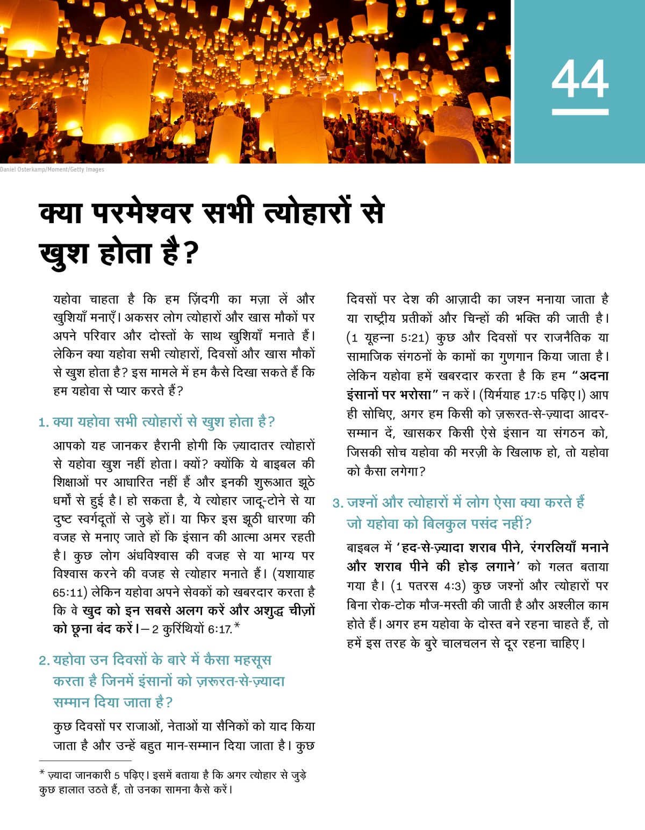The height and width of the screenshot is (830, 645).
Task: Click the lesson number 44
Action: [x=580, y=79]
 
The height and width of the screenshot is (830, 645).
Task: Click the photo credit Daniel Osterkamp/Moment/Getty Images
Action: [x=52, y=169]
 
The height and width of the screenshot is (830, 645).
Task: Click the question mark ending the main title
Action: [x=190, y=253]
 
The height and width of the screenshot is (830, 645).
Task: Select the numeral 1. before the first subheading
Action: [x=44, y=423]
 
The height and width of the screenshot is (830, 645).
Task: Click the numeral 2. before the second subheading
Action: [x=44, y=661]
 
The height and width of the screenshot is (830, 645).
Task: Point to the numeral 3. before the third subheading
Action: [x=338, y=503]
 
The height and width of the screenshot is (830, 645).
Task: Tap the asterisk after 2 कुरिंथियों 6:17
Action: [x=237, y=626]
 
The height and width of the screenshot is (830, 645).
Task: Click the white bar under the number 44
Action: [x=580, y=112]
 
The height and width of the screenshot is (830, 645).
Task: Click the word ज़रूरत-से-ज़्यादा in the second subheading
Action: [x=240, y=682]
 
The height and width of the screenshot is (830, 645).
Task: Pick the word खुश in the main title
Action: [x=64, y=253]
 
